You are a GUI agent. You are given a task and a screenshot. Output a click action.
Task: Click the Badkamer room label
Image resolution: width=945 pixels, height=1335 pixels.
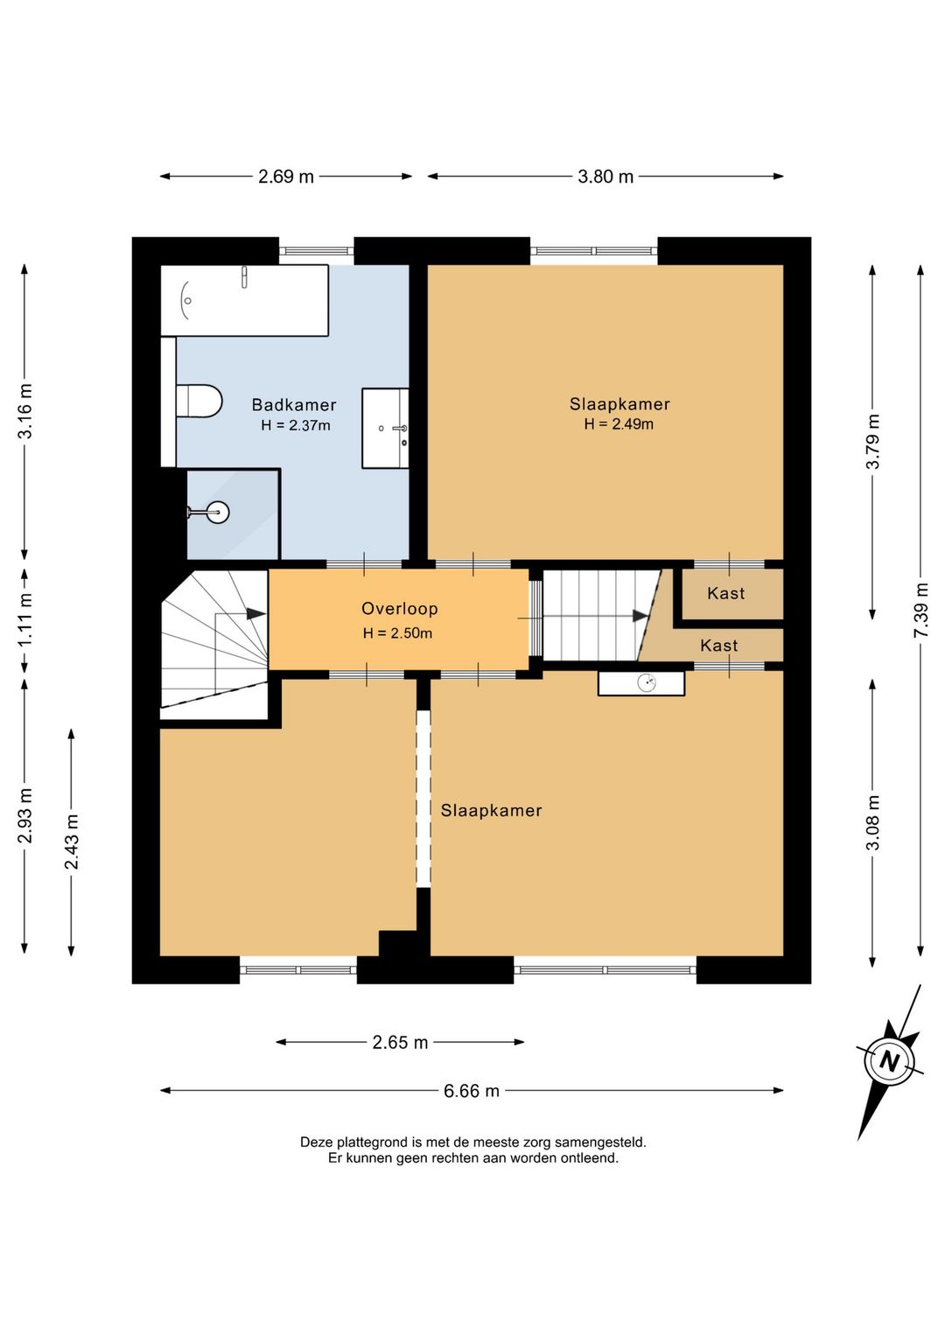(x=294, y=405)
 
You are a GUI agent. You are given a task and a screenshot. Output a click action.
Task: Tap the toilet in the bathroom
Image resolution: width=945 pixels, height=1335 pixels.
(x=199, y=401)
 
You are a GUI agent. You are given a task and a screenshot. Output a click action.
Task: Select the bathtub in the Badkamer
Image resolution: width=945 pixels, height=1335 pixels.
(x=244, y=300)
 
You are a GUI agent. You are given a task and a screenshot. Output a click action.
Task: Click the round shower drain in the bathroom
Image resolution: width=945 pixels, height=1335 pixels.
(x=218, y=512)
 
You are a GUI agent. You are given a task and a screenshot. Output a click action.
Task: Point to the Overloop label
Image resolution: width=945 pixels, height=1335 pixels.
(x=400, y=609)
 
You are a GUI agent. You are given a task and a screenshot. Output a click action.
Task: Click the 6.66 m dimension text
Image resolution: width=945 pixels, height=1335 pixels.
(x=471, y=1091)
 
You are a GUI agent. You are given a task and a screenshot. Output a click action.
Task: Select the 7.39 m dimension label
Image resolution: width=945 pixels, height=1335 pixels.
(x=921, y=610)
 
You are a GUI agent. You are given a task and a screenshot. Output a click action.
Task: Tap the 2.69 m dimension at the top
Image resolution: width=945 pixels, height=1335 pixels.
(x=285, y=177)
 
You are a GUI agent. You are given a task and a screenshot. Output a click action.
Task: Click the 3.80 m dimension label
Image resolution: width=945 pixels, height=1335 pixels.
(x=605, y=177)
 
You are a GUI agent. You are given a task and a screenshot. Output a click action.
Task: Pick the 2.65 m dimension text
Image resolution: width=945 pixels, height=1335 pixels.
(x=400, y=1043)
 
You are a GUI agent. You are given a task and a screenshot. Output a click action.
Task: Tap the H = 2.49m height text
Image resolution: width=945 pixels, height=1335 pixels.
(x=619, y=424)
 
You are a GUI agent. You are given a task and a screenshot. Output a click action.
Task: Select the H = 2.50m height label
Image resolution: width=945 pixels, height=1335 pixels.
(x=397, y=633)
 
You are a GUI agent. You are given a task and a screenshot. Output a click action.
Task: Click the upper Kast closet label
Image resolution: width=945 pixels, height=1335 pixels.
(x=725, y=593)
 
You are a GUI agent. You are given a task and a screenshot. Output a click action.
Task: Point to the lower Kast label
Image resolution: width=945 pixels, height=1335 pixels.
(x=719, y=646)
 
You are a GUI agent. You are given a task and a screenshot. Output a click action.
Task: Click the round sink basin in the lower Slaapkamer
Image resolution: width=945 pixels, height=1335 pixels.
(x=647, y=682)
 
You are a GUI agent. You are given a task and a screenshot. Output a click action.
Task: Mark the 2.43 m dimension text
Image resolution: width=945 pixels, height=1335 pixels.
(x=72, y=842)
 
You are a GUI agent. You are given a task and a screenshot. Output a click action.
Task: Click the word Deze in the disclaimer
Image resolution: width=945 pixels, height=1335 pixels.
(x=316, y=1143)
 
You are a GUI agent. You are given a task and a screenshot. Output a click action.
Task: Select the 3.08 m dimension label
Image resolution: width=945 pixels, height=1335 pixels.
(x=873, y=823)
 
